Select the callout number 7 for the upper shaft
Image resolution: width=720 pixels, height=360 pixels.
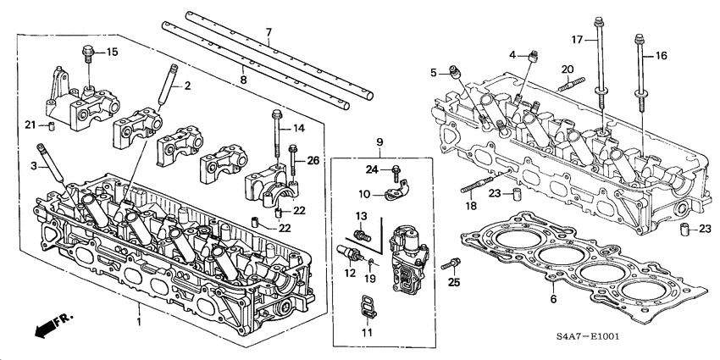pyautogui.click(x=269, y=32)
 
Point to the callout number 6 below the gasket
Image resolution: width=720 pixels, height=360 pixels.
pyautogui.click(x=553, y=299)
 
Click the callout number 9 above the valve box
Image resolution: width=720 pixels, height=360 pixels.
pyautogui.click(x=380, y=141)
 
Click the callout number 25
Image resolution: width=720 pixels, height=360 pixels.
pyautogui.click(x=455, y=281)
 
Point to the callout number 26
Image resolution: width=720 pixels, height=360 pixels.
pyautogui.click(x=313, y=161)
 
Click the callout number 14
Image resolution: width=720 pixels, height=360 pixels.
pyautogui.click(x=298, y=128)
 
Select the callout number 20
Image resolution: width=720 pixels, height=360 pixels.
pyautogui.click(x=568, y=69)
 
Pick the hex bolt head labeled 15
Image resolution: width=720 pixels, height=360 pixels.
pyautogui.click(x=87, y=52)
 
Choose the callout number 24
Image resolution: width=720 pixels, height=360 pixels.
pyautogui.click(x=370, y=169)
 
